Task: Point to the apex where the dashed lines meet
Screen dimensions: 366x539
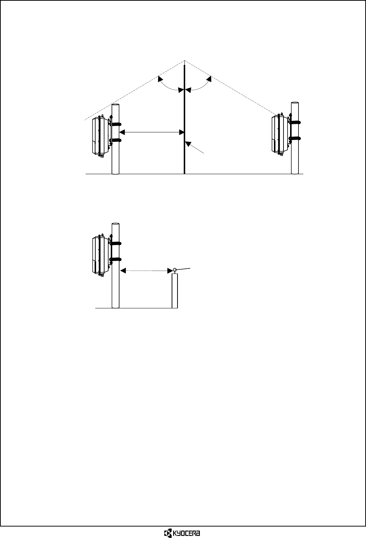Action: [184, 60]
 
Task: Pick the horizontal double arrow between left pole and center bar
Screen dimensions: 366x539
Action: [152, 132]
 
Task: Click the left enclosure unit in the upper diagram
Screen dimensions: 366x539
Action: [100, 136]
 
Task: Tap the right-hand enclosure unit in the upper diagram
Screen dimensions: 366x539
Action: [279, 134]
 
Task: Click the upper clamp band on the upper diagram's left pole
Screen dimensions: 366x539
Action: [116, 124]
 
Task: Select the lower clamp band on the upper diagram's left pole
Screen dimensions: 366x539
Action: [116, 140]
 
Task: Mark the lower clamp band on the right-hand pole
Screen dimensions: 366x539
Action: [296, 138]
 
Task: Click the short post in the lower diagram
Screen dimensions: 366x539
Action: [175, 291]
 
